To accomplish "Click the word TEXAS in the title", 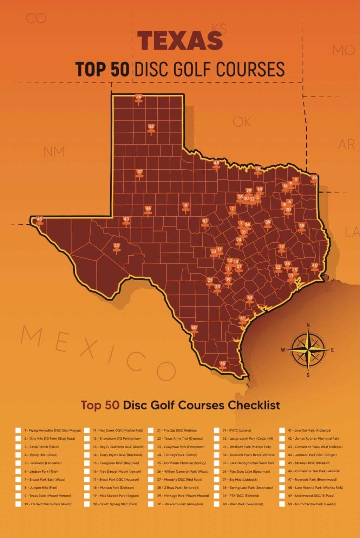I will (180, 40).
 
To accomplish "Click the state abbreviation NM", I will (54, 152).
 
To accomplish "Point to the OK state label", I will (242, 122).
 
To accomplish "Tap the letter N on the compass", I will (308, 325).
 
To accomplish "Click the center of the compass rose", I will (308, 350).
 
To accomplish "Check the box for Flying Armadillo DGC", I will (18, 430).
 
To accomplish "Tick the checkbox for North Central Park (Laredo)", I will (282, 504).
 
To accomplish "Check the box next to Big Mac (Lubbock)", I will (216, 479).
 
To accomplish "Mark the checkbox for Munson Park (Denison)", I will (87, 487).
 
